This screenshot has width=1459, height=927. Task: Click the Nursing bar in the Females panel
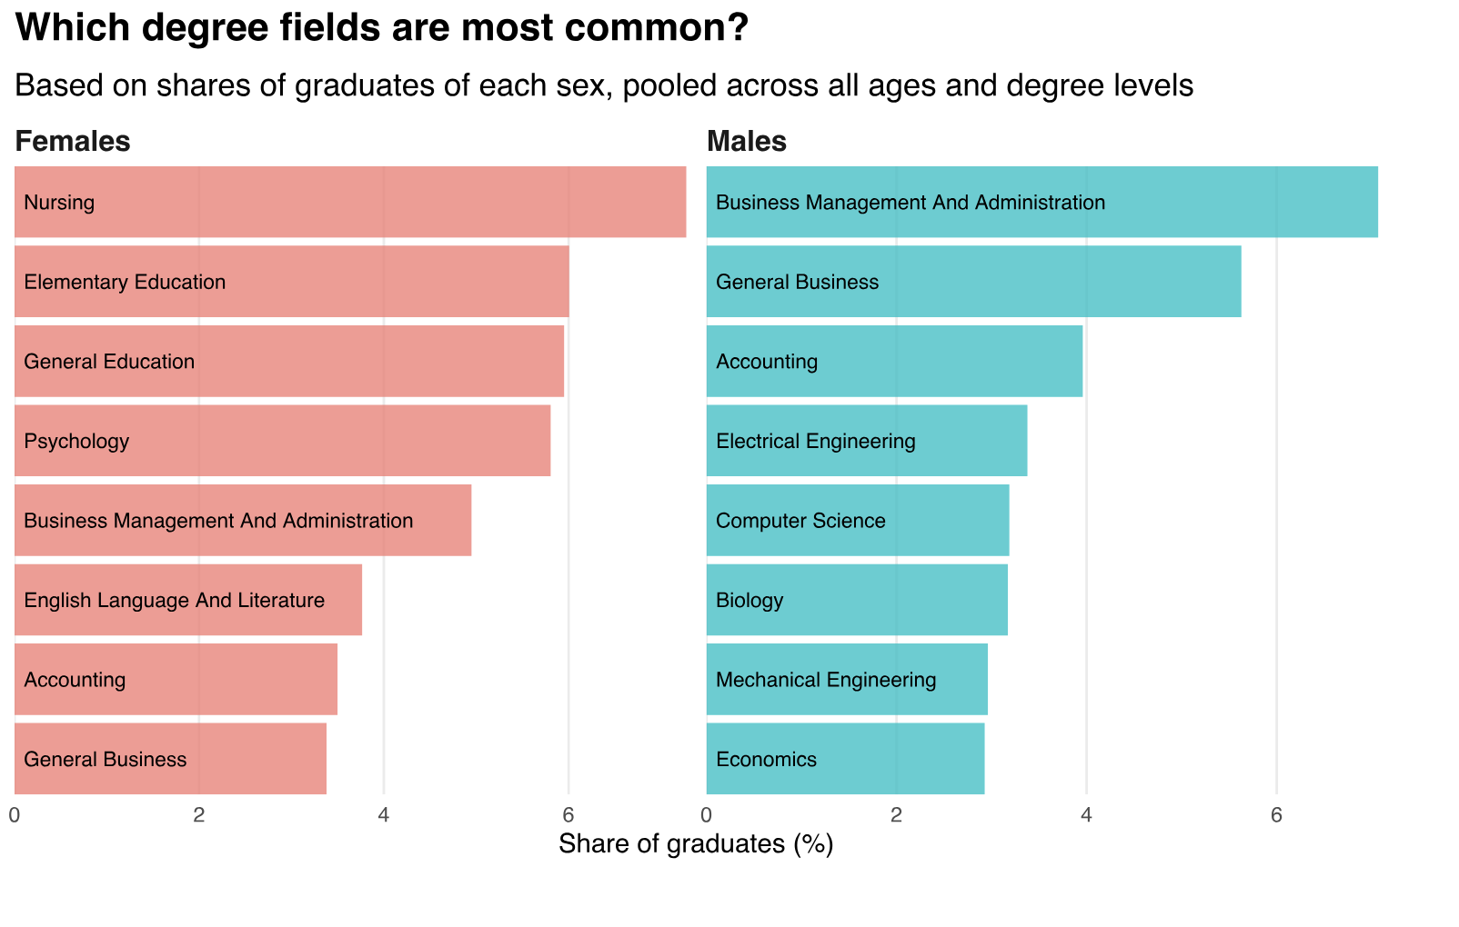click(350, 202)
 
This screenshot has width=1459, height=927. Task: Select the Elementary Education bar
click(291, 282)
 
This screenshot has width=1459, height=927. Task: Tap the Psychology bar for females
click(282, 441)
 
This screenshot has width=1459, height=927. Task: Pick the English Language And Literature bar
click(188, 600)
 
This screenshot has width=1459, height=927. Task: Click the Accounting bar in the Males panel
click(894, 362)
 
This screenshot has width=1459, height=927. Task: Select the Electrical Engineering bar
click(867, 441)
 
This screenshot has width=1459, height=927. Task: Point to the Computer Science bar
click(858, 521)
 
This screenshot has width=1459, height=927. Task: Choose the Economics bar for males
click(845, 759)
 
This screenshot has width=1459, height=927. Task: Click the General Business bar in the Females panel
click(170, 759)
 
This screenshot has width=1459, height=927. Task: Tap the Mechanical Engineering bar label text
click(826, 680)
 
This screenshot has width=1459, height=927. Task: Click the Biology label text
click(750, 601)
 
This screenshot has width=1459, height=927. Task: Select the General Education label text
click(109, 362)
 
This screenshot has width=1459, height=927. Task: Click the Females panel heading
click(73, 142)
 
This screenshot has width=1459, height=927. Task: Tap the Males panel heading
click(747, 142)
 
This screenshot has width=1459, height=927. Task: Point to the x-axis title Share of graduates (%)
click(696, 844)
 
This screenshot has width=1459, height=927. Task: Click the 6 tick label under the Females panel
click(568, 814)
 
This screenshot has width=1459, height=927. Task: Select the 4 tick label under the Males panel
click(1086, 814)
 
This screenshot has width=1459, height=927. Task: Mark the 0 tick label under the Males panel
click(707, 814)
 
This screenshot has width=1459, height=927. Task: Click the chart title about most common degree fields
click(382, 28)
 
